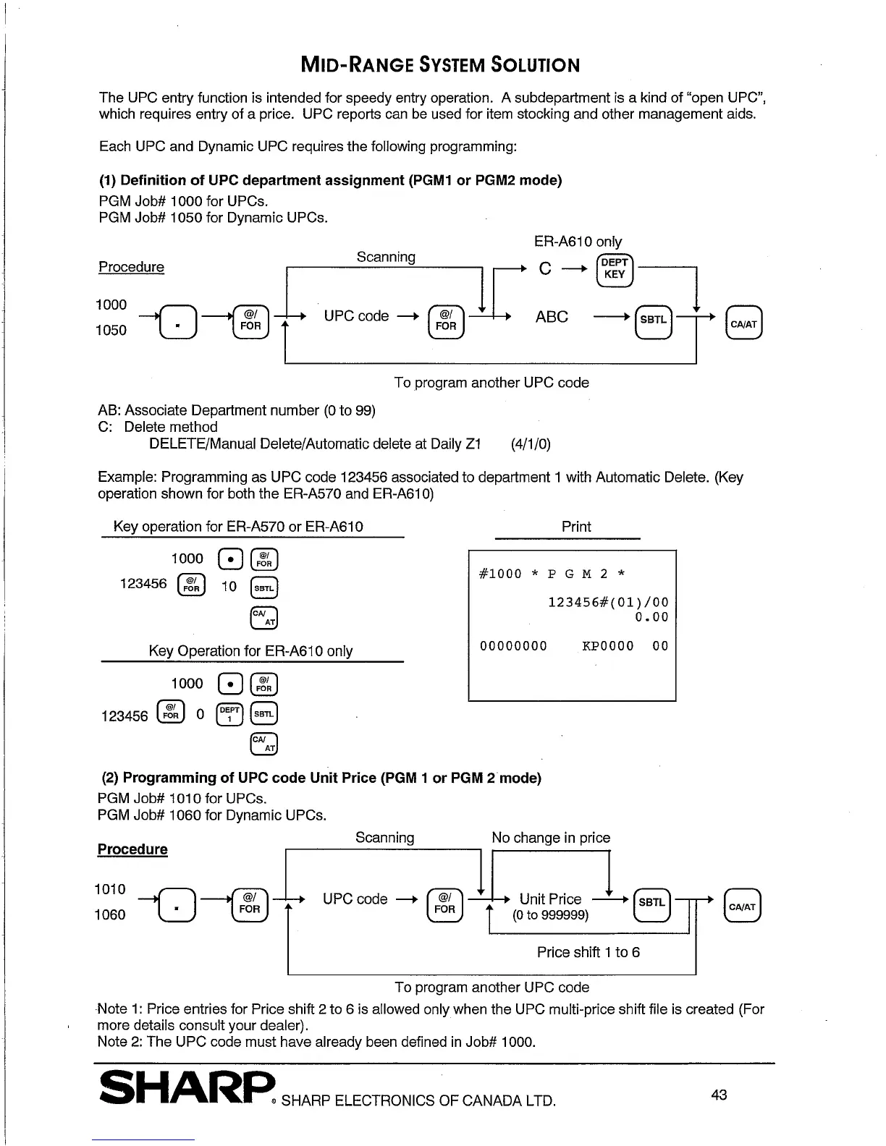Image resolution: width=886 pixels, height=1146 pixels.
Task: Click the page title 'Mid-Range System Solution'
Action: tap(440, 65)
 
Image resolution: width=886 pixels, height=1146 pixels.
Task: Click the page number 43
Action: tap(719, 1095)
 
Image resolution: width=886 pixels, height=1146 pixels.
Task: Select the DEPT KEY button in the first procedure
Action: tap(614, 269)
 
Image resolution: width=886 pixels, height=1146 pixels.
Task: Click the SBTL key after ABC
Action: tap(653, 319)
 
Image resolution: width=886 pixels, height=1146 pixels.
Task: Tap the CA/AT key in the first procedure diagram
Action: tap(743, 324)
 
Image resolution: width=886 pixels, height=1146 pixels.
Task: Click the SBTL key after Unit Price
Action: tap(651, 902)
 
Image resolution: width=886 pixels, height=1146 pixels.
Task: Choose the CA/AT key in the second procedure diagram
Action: tap(742, 907)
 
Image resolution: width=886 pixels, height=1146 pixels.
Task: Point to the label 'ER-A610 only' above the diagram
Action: tap(578, 242)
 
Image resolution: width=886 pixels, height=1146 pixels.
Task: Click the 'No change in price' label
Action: tap(551, 838)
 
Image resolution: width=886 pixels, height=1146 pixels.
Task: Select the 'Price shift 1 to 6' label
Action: tap(588, 952)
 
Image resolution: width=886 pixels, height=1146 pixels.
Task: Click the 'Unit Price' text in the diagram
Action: tap(550, 899)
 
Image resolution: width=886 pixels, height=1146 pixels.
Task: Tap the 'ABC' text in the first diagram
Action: tap(552, 317)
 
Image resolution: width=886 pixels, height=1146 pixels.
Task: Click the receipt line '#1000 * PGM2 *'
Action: tap(552, 574)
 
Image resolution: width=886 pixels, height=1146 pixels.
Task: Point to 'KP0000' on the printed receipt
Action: tap(607, 646)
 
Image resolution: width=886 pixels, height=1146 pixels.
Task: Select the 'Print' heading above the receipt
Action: tap(576, 527)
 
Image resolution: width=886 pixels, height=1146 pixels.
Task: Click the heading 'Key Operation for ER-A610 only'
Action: tap(250, 651)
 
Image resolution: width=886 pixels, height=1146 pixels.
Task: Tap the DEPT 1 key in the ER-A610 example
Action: tap(230, 715)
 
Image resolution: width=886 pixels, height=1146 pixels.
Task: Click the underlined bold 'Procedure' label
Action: tap(132, 849)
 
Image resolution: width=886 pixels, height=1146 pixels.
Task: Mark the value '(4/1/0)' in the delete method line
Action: tap(531, 444)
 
